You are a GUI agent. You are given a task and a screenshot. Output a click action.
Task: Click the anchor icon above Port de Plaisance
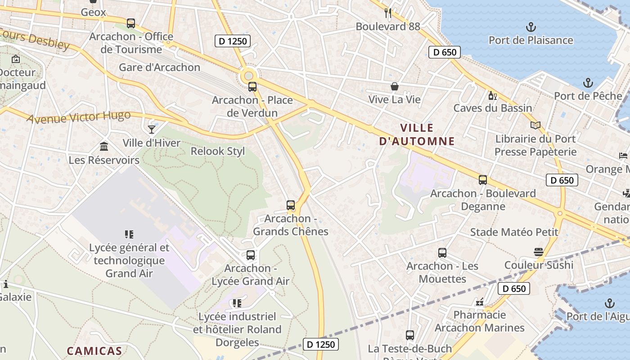531,27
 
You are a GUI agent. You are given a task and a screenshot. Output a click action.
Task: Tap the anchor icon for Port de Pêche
588,83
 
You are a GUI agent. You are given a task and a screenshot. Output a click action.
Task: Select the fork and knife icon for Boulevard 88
388,13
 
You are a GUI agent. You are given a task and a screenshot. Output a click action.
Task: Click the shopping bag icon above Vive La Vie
395,86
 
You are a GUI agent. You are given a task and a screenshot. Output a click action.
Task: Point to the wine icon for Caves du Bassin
493,95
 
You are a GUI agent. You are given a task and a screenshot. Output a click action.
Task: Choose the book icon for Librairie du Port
535,126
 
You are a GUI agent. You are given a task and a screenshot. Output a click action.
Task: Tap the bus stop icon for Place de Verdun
252,87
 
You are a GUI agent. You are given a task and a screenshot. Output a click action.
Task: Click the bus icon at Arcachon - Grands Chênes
291,205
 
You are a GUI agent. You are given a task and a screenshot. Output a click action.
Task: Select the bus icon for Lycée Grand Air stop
251,255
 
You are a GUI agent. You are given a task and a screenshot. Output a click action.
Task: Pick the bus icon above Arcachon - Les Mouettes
442,253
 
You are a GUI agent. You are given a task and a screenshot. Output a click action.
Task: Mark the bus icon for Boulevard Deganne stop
483,180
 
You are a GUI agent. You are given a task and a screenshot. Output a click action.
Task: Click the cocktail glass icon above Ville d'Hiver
152,130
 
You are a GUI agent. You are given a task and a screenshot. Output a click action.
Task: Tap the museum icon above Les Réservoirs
104,147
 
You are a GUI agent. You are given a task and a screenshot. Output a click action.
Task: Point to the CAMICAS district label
94,351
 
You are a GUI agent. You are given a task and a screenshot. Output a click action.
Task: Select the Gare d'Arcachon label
159,67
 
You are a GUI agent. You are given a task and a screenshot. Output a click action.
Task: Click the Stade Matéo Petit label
514,232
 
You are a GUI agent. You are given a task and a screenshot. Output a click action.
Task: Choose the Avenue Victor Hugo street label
79,117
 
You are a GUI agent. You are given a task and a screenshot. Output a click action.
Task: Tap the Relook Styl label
218,151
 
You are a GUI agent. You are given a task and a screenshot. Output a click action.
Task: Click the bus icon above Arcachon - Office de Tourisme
131,23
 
